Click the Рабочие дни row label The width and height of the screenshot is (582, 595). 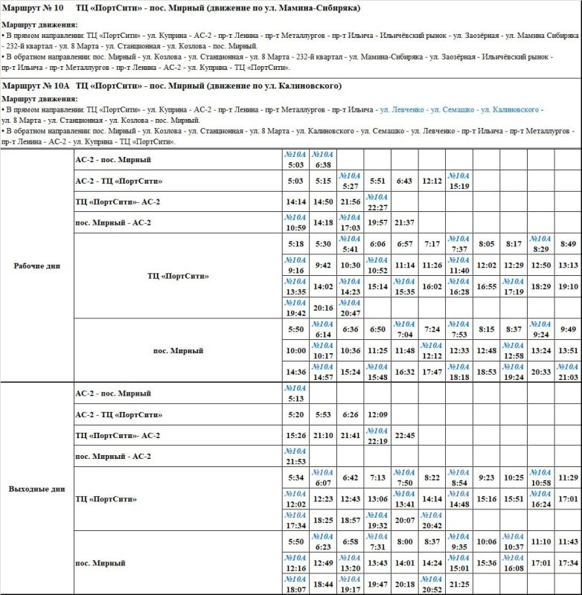pos(36,266)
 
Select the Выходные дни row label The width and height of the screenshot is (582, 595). pos(36,489)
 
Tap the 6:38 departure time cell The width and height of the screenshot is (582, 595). pos(323,165)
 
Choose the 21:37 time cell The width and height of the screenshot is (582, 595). pos(405,222)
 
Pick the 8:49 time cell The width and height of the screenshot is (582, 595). pos(568,244)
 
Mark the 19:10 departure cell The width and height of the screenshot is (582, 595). pos(568,286)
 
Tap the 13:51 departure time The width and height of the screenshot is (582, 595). pos(568,350)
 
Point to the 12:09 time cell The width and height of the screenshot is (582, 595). pos(377,414)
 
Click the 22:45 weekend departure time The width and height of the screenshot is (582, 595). pos(405,436)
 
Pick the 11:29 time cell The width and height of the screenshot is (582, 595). pos(568,477)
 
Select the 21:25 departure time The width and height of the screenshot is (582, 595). pos(459,584)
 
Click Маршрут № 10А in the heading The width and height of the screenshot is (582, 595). pos(36,86)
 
